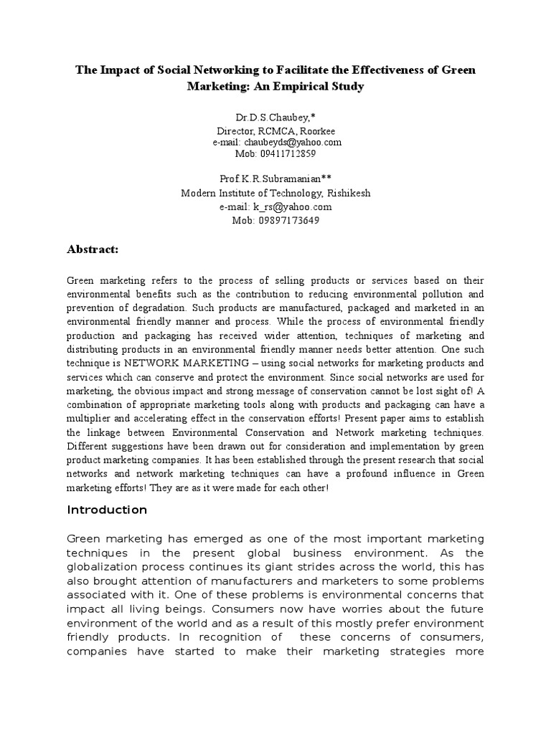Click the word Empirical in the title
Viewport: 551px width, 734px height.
292,87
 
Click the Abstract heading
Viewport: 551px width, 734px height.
92,249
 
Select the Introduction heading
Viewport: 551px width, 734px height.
107,510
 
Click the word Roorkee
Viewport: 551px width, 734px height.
316,131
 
